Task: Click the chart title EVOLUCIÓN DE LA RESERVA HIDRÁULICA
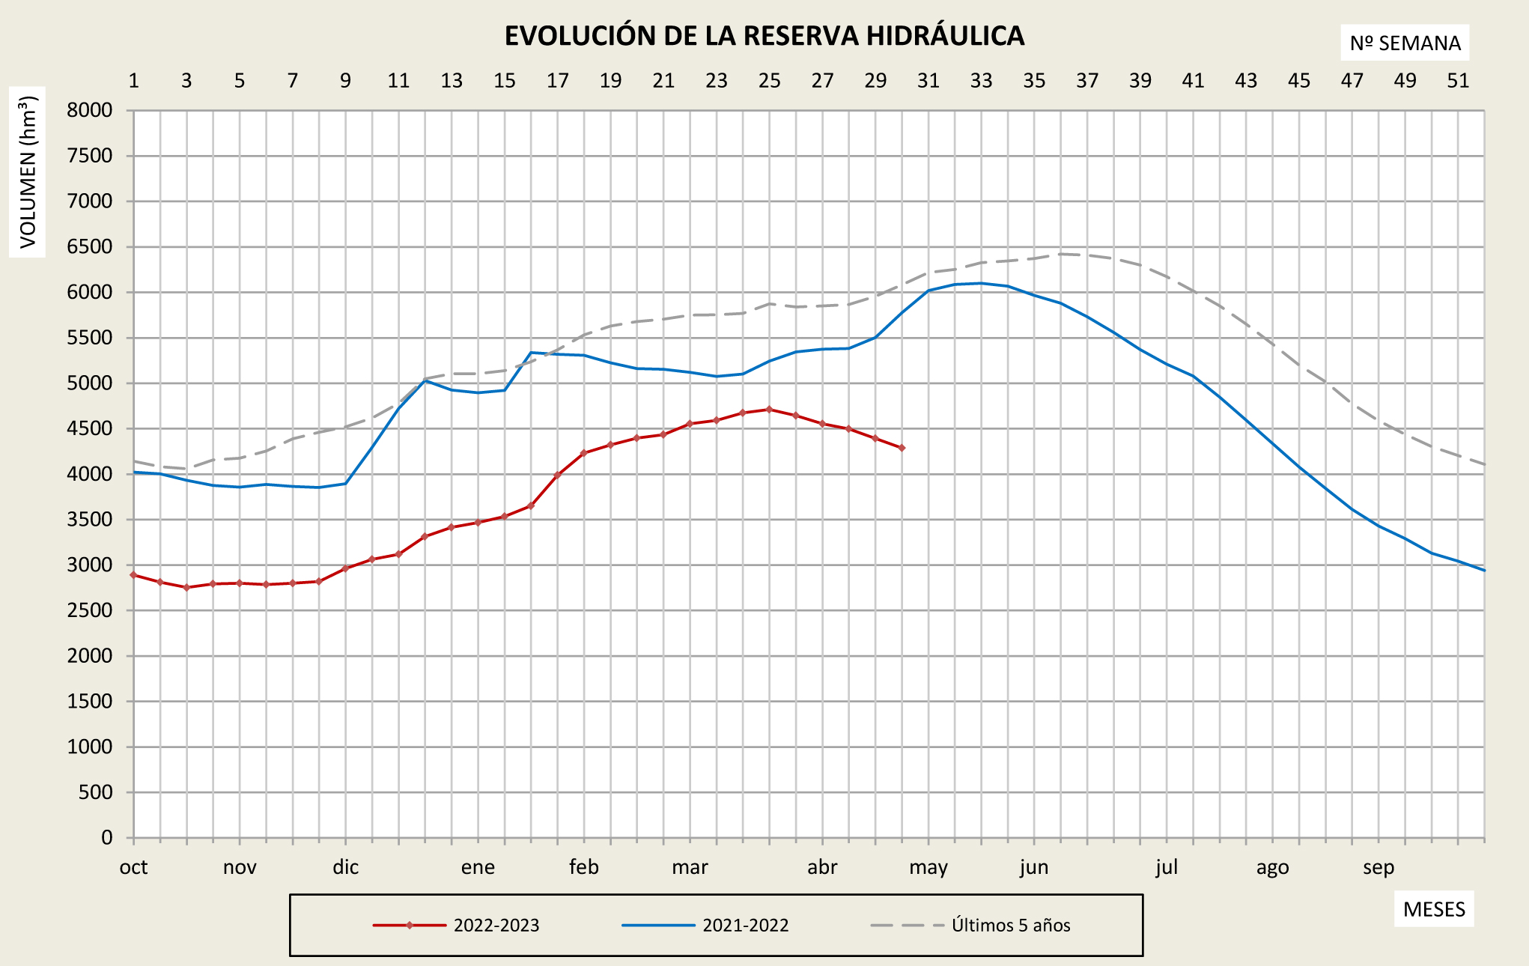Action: (x=764, y=36)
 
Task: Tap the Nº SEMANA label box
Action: (x=1405, y=43)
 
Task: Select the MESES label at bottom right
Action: (x=1434, y=909)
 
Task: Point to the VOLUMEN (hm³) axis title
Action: (x=28, y=172)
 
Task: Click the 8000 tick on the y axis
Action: (x=90, y=111)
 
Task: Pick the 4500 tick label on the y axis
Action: (x=90, y=429)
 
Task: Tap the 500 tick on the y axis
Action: (x=96, y=792)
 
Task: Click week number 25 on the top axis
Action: (x=769, y=81)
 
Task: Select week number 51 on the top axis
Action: (x=1458, y=81)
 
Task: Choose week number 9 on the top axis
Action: (x=345, y=81)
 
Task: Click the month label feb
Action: (x=584, y=867)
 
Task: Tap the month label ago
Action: (x=1273, y=867)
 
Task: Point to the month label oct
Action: (x=134, y=867)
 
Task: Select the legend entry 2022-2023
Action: (x=496, y=926)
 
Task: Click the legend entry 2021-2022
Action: (x=746, y=926)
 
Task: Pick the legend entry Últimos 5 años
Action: (x=1011, y=926)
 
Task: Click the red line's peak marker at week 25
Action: (x=769, y=410)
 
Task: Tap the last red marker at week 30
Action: (x=902, y=448)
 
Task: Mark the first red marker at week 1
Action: (x=134, y=575)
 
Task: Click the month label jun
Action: (x=1034, y=867)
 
